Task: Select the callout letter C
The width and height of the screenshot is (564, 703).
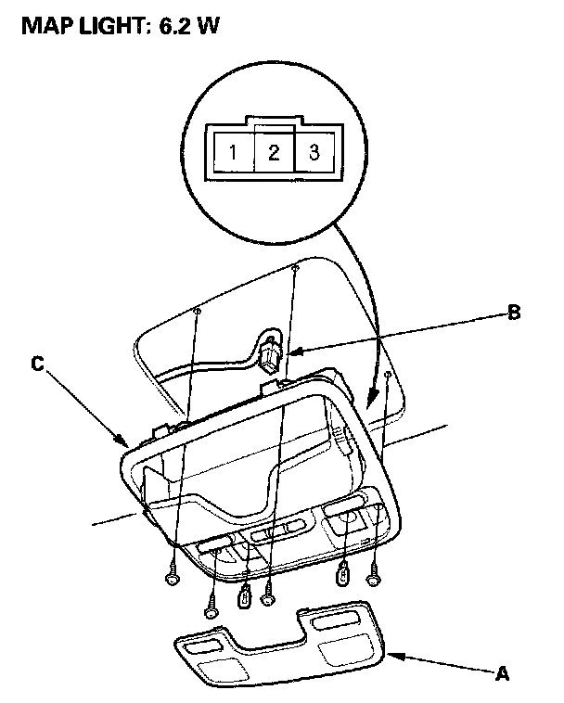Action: click(x=37, y=364)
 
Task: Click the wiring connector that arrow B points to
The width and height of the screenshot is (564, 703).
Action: click(x=270, y=355)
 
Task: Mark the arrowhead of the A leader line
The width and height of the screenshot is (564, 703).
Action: click(x=390, y=655)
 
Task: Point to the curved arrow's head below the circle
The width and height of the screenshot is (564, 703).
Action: click(x=373, y=398)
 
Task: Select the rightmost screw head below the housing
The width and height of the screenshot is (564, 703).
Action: click(x=374, y=579)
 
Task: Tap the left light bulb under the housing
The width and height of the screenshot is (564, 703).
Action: click(x=244, y=596)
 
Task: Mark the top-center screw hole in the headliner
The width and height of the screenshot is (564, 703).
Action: click(x=294, y=268)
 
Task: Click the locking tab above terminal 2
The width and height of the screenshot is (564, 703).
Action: click(x=274, y=122)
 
